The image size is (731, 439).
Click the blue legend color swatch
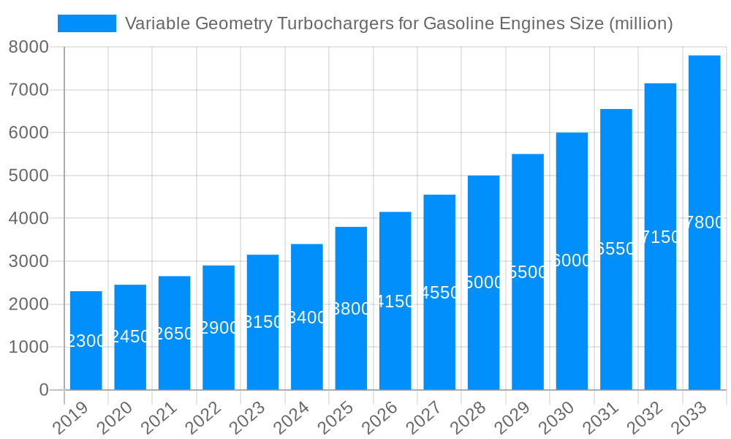pos(87,23)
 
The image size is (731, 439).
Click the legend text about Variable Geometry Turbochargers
pos(398,23)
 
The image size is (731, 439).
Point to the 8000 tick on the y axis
pos(29,47)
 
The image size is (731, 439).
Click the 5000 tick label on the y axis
pos(29,176)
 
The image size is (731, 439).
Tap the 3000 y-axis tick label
pos(29,261)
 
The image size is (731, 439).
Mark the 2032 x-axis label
pos(648,419)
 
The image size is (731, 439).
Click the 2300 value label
pos(86,341)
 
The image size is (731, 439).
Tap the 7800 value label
pos(704,223)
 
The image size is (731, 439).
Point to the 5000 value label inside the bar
pos(483,282)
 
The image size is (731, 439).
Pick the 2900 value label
pos(219,328)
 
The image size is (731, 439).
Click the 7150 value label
pos(660,237)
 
